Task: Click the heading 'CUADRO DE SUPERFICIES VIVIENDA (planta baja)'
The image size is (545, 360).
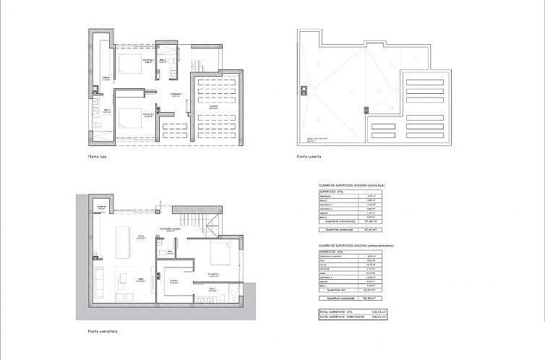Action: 357,186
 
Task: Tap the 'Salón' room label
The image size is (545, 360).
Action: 142,280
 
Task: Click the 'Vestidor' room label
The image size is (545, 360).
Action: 174,282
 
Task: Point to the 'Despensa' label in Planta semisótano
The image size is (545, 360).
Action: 101,207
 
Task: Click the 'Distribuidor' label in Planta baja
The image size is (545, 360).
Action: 175,95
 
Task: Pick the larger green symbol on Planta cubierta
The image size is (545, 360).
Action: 303,91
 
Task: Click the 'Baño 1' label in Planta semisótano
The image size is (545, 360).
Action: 213,290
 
